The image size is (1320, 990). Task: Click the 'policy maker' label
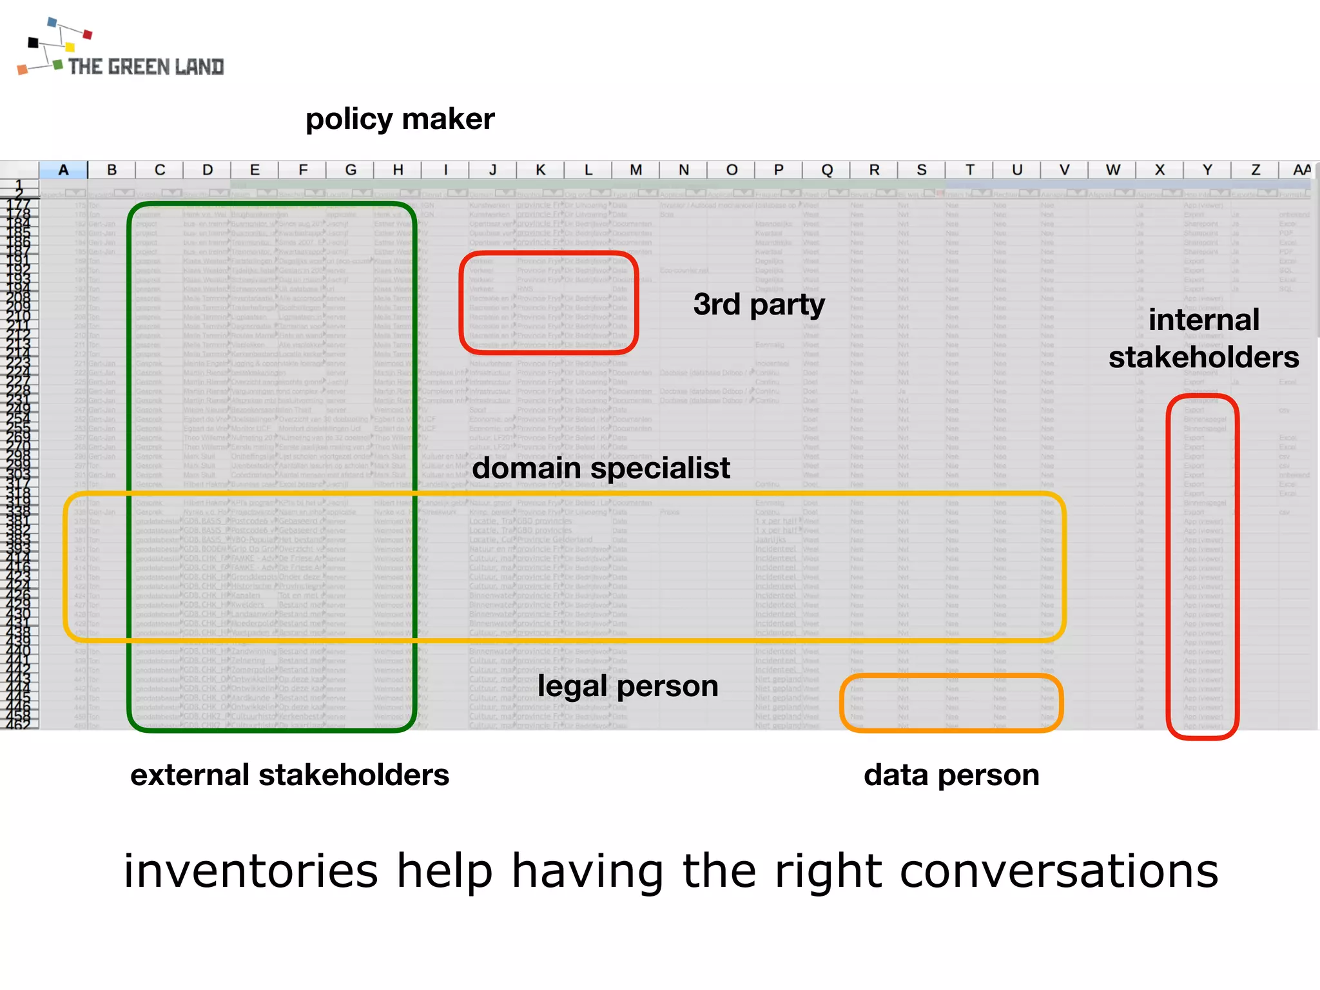point(400,119)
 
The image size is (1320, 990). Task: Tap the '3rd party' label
point(759,304)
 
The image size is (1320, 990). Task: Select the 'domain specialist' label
point(601,468)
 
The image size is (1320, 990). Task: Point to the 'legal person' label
point(628,686)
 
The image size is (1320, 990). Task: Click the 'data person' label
point(951,775)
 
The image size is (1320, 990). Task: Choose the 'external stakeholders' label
point(289,775)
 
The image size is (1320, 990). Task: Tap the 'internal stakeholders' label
point(1203,338)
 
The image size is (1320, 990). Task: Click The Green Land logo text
point(146,66)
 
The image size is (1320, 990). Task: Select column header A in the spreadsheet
point(63,170)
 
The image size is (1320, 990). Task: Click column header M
point(636,170)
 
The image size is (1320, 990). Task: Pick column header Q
point(826,170)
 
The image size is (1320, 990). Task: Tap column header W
point(1112,170)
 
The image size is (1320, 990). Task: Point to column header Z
point(1256,170)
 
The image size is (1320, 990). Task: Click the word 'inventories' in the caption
point(251,871)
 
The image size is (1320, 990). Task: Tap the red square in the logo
point(88,34)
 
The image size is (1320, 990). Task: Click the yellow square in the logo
point(70,47)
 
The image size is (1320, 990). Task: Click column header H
point(398,170)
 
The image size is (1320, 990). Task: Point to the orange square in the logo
point(23,70)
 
